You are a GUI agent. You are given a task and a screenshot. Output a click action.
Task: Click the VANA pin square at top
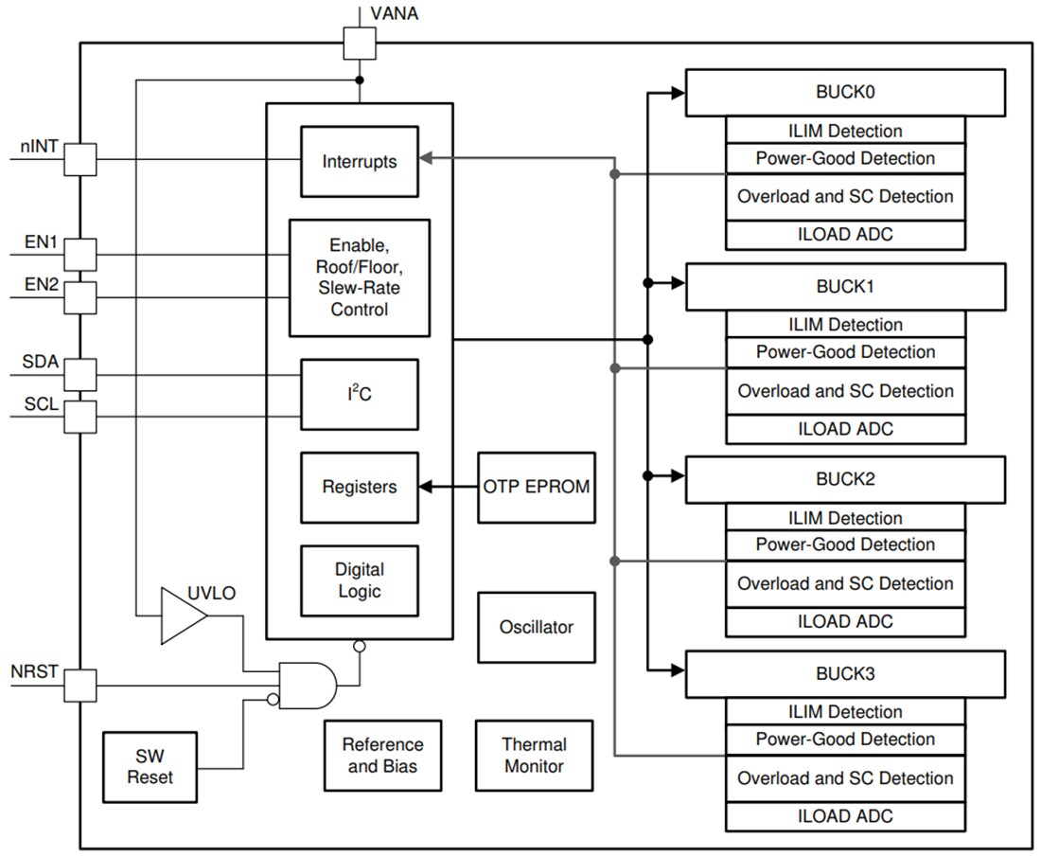(x=359, y=43)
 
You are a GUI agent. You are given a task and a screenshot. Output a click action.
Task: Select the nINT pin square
(x=80, y=159)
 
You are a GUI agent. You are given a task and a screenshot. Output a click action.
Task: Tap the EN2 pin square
(x=80, y=297)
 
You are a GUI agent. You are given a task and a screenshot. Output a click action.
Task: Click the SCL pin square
(x=80, y=417)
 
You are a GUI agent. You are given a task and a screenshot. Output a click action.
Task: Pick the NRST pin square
(x=80, y=686)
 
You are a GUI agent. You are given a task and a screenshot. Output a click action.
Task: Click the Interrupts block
(x=359, y=162)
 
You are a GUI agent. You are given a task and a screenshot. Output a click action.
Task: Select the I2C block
(x=359, y=394)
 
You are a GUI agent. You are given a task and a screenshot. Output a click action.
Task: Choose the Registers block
(x=359, y=488)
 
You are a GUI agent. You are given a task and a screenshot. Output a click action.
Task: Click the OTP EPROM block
(x=537, y=488)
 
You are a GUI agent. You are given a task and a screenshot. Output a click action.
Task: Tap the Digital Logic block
(x=359, y=580)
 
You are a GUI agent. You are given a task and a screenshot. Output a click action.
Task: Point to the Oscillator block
(x=537, y=627)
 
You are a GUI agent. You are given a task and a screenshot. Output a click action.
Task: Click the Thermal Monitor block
(x=535, y=756)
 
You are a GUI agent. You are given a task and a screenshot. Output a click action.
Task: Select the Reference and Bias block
(x=382, y=756)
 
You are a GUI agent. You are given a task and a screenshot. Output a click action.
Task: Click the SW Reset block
(x=150, y=766)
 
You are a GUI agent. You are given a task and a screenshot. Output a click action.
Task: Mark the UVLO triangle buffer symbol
(x=183, y=615)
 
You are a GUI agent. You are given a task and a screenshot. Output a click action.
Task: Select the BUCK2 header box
(x=844, y=479)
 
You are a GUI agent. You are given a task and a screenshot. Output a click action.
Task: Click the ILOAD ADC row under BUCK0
(x=845, y=235)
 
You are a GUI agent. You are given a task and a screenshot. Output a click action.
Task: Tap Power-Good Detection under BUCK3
(x=845, y=740)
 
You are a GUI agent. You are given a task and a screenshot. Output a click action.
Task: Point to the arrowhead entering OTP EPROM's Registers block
(x=425, y=488)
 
